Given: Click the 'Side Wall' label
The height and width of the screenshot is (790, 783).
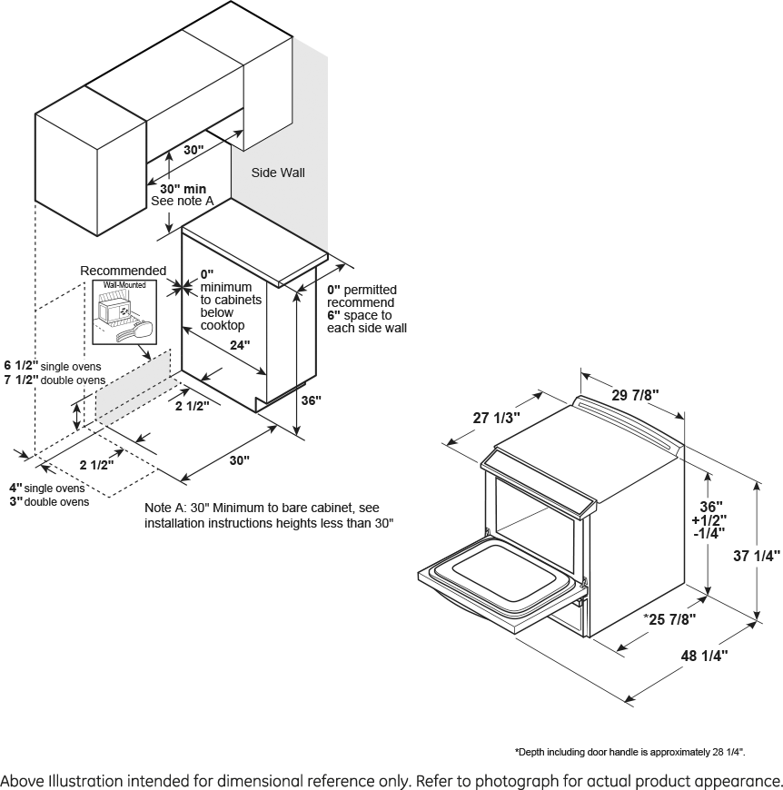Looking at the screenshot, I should pyautogui.click(x=278, y=173).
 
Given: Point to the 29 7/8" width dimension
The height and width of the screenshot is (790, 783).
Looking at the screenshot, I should pyautogui.click(x=634, y=395).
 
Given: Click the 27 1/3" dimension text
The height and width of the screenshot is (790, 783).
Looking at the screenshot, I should pyautogui.click(x=496, y=418).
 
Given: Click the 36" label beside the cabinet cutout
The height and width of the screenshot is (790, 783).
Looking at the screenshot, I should pyautogui.click(x=311, y=400).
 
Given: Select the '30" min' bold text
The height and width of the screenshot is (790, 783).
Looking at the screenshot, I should pyautogui.click(x=183, y=189).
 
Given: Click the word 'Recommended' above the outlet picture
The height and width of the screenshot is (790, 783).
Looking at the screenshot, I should pyautogui.click(x=124, y=271).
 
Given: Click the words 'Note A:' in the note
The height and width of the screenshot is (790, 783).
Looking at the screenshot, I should pyautogui.click(x=167, y=508).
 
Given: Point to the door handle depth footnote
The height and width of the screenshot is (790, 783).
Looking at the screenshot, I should pyautogui.click(x=630, y=752).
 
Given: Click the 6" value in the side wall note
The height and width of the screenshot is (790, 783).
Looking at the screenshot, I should pyautogui.click(x=333, y=315).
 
